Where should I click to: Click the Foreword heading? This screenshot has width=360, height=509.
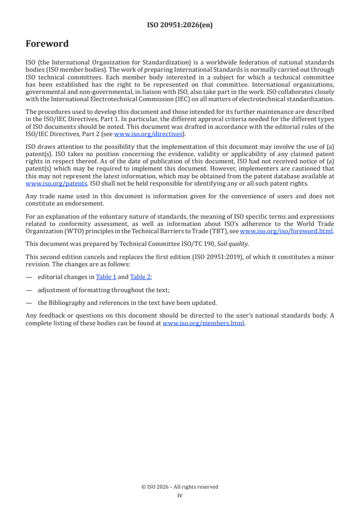(x=47, y=44)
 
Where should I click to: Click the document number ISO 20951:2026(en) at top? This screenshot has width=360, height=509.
(x=180, y=25)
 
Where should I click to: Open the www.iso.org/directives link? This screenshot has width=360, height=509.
(x=148, y=134)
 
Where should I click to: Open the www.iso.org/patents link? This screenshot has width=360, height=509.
(x=56, y=184)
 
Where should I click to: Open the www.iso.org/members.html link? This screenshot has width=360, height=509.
(x=203, y=323)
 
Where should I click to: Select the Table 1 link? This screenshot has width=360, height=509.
(x=106, y=277)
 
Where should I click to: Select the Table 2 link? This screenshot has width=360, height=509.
(x=140, y=277)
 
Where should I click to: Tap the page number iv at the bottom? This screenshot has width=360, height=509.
(x=180, y=495)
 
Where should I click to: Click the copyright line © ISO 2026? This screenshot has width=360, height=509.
(x=180, y=487)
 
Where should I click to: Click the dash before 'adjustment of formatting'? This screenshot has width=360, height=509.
(x=29, y=290)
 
